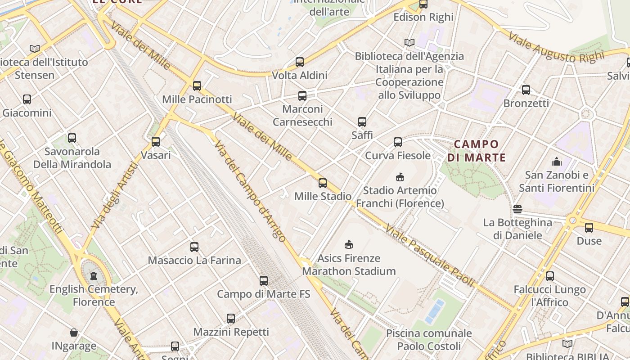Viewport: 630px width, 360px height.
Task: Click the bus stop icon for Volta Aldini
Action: coord(300,62)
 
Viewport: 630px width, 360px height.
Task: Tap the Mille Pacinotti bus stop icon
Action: coord(197,86)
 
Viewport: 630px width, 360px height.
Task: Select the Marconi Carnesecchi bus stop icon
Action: coord(302,95)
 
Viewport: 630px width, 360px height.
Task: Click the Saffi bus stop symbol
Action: coord(362,121)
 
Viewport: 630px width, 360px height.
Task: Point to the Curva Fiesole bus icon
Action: coord(398,142)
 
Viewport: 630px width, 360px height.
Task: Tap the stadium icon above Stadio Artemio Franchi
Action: coord(400,177)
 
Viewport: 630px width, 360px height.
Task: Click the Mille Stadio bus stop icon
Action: coord(323,183)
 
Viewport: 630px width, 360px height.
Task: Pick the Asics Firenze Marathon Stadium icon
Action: coord(349,245)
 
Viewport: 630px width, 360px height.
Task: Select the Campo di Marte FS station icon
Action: coord(264,281)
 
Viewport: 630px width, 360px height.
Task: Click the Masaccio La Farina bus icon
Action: coord(194,247)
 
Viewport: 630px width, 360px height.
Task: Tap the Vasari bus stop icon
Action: coord(156,142)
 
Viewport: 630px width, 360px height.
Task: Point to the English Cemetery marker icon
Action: coord(94,275)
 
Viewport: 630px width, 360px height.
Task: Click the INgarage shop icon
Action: coord(74,333)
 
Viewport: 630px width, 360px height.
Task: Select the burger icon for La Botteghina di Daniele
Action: coord(517,209)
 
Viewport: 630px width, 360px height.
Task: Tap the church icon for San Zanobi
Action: coord(557,162)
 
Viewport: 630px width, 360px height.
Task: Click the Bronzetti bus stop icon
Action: coord(526,90)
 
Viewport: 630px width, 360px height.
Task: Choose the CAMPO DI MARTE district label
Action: coord(477,151)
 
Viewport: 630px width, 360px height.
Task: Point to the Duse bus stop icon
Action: coord(589,228)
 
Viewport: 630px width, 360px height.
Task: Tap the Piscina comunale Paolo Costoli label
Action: coord(429,340)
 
